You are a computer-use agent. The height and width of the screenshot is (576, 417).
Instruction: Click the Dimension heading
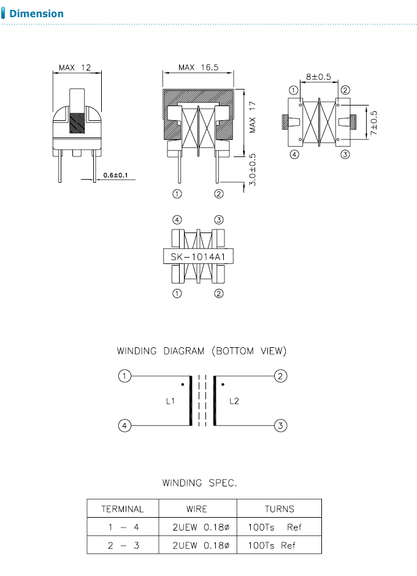click(36, 13)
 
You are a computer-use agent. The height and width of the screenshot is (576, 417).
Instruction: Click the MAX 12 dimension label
click(74, 67)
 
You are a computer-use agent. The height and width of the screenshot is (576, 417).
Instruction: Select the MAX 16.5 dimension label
click(197, 67)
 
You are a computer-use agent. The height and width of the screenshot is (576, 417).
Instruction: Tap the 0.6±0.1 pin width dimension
click(115, 175)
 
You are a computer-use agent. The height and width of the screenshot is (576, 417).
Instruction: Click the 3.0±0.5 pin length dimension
click(253, 169)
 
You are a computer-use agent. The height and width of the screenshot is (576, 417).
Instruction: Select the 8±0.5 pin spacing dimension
click(318, 77)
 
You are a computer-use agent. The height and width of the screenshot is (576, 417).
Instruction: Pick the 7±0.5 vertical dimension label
click(373, 123)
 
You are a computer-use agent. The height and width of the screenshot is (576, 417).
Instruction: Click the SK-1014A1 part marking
click(198, 256)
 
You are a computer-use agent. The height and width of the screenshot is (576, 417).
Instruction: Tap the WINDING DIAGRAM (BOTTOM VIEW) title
click(202, 351)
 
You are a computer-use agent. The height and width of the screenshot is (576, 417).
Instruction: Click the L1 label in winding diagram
click(170, 401)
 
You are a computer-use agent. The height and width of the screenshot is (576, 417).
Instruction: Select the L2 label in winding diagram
click(234, 401)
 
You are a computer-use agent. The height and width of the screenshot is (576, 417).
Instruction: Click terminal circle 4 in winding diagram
click(124, 425)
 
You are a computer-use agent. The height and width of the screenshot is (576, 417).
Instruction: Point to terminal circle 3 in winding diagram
click(280, 425)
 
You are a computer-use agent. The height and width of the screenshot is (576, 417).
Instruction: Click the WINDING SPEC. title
click(199, 483)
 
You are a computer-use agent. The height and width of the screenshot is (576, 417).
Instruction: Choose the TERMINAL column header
click(123, 509)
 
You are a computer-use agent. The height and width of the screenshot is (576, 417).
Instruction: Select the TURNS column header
click(279, 509)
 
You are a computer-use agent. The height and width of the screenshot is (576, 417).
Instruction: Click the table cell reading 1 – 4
click(123, 527)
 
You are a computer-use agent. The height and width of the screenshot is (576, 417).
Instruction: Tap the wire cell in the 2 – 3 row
click(197, 545)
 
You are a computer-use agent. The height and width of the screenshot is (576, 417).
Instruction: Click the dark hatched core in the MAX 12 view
click(77, 123)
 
